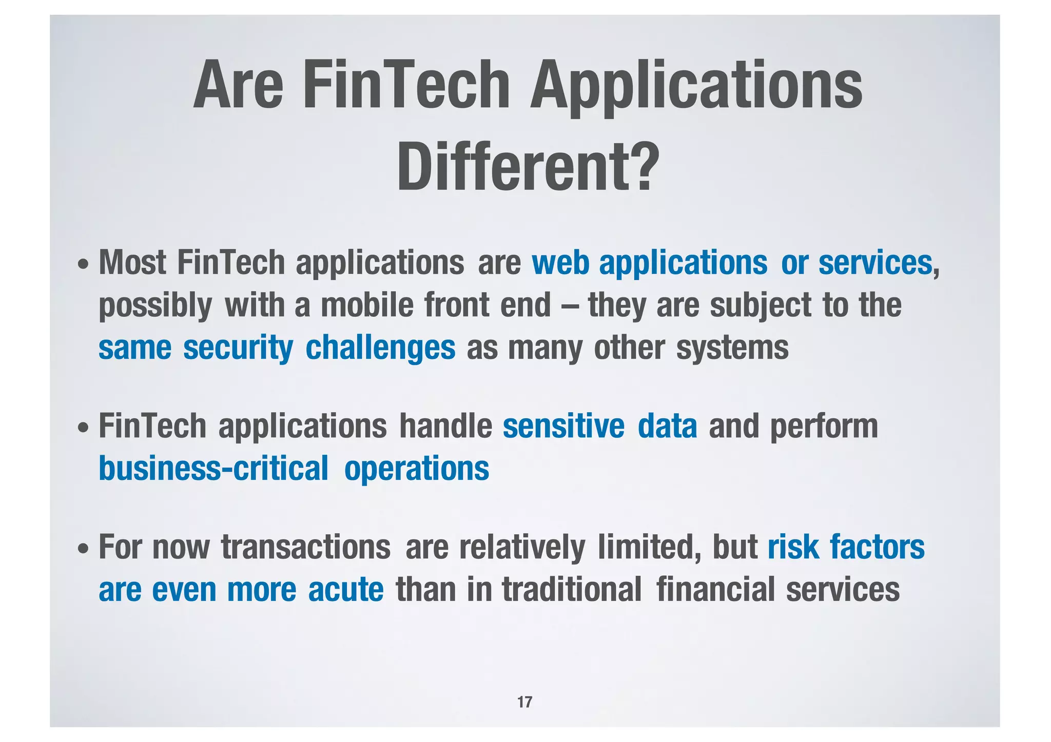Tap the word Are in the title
[238, 85]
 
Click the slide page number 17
[524, 702]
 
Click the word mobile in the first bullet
[367, 306]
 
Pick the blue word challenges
[380, 349]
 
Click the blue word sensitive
[563, 427]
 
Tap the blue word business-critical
[213, 469]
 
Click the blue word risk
[793, 547]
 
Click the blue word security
[238, 349]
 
